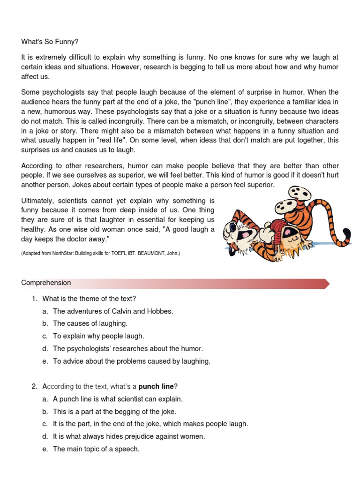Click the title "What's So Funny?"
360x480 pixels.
pyautogui.click(x=49, y=42)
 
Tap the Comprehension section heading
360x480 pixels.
pyautogui.click(x=46, y=283)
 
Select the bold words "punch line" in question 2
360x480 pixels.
pyautogui.click(x=156, y=386)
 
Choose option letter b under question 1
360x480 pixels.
pyautogui.click(x=45, y=323)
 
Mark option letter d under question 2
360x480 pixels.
pyautogui.click(x=45, y=436)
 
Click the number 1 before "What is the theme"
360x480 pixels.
pyautogui.click(x=34, y=299)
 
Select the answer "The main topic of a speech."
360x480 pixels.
pyautogui.click(x=96, y=449)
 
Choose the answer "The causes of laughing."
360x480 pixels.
pyautogui.click(x=90, y=323)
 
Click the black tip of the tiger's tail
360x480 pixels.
pyautogui.click(x=347, y=236)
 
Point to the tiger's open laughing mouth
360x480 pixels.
pyautogui.click(x=244, y=233)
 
